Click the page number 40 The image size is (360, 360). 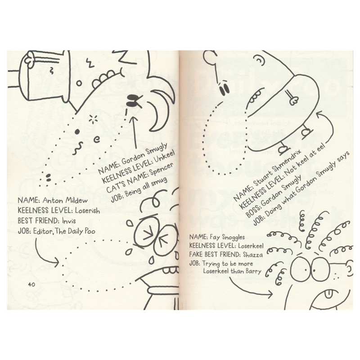31,284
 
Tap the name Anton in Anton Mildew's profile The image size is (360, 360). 49,201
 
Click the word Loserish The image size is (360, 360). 84,211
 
